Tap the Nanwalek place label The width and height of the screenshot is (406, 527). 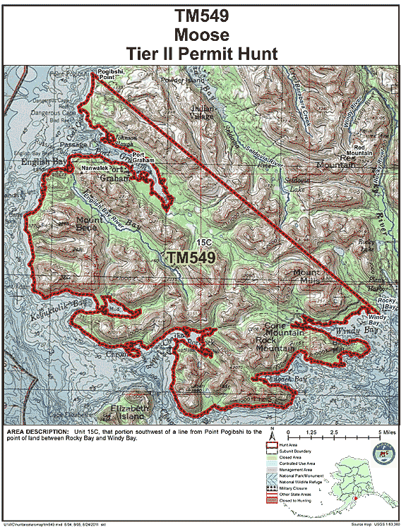coord(95,169)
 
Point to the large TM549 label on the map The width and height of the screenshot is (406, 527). coord(191,258)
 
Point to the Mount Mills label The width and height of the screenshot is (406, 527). coord(307,276)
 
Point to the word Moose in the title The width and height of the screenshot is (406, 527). coord(203,33)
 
